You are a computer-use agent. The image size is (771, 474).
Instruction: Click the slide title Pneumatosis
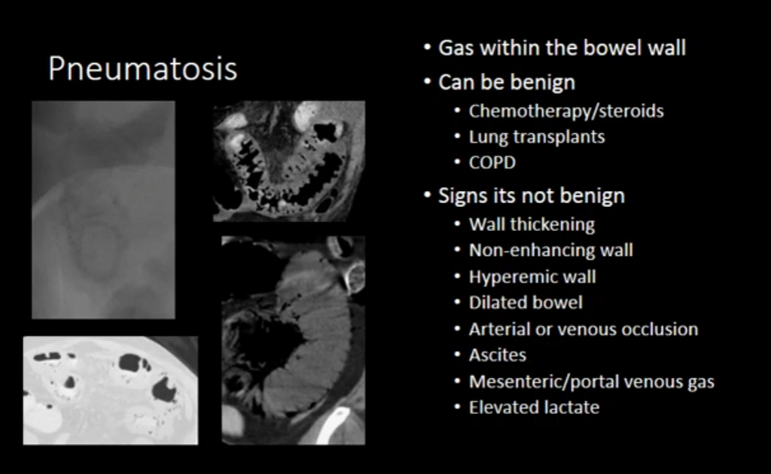click(x=142, y=68)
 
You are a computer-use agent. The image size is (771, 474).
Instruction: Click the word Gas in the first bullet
click(x=456, y=48)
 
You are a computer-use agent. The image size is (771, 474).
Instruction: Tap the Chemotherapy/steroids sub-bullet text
click(x=566, y=111)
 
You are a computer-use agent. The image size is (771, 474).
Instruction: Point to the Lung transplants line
click(x=536, y=136)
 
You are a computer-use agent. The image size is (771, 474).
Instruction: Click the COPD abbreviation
click(x=492, y=162)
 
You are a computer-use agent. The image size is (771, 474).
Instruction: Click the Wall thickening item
click(x=532, y=224)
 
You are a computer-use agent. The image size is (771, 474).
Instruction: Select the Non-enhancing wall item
click(x=550, y=250)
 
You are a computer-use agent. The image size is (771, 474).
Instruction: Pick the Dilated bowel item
click(x=526, y=302)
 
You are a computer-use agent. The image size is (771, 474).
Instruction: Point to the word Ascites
click(x=498, y=355)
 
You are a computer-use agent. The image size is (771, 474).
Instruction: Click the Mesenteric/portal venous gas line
click(x=592, y=381)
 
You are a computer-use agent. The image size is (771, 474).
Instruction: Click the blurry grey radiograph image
click(x=103, y=210)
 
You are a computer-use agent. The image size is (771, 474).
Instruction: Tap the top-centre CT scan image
click(x=289, y=162)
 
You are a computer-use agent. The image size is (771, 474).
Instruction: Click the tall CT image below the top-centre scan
click(x=293, y=340)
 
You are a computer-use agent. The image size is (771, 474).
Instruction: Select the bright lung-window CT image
click(x=111, y=390)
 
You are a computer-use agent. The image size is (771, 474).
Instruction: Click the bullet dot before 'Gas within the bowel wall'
click(x=428, y=47)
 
